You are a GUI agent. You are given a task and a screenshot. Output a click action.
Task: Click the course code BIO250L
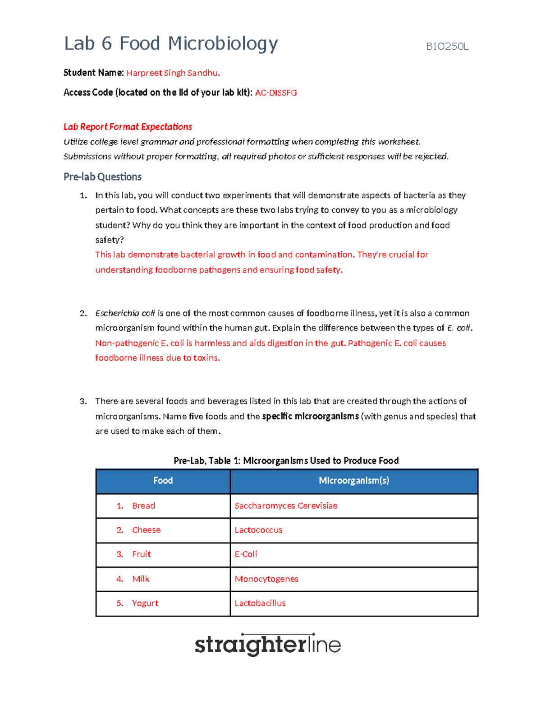(447, 46)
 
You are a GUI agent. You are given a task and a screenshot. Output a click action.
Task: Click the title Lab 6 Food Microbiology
(171, 44)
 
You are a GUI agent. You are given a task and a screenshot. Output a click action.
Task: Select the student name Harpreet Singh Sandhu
(173, 73)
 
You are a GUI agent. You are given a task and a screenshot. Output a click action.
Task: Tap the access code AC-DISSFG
(276, 93)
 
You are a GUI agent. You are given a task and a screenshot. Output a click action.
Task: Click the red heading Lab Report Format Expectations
(128, 127)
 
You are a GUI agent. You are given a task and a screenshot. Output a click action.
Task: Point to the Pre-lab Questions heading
(102, 177)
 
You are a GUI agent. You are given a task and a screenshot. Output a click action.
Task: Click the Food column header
(163, 481)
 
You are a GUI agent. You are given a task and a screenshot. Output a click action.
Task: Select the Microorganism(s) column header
(353, 481)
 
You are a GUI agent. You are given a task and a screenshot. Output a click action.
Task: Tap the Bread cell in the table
(143, 506)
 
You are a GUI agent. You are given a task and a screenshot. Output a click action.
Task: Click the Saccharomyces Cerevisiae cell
(286, 506)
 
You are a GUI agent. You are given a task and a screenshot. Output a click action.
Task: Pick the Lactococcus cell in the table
(258, 530)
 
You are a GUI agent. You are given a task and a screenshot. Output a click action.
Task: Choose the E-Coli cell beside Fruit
(246, 554)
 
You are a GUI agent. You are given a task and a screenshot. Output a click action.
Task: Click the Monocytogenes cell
(266, 579)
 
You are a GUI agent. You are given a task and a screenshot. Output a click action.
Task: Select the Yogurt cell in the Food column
(145, 604)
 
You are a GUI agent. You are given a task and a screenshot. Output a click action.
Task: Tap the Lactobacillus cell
(260, 604)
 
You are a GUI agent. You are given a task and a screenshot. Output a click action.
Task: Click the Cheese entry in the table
(146, 530)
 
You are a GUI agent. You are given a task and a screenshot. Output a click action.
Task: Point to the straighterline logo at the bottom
(267, 645)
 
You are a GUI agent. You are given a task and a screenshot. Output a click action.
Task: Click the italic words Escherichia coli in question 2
(125, 313)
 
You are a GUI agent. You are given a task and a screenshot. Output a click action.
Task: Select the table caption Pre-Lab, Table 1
(286, 461)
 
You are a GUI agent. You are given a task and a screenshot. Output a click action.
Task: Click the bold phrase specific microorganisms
(310, 417)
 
